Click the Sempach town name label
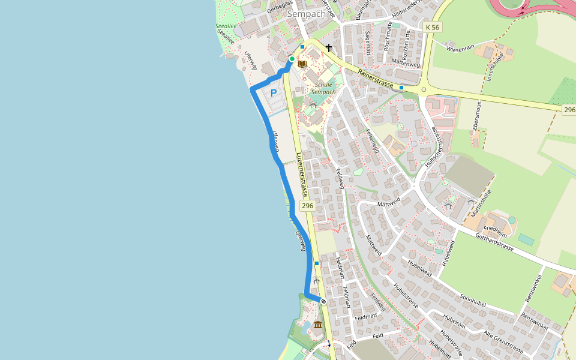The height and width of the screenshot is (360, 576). point(307,14)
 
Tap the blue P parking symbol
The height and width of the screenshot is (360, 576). point(274,93)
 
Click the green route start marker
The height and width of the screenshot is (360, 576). point(292,59)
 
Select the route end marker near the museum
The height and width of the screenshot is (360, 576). point(323,301)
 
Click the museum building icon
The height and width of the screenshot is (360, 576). point(317,325)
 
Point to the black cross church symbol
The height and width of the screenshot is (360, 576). point(329,48)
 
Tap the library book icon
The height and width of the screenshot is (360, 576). point(302,64)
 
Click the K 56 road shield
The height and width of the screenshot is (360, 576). point(432,28)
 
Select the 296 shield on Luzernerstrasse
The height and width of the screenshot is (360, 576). point(307,206)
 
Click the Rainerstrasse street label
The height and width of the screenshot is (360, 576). point(375,79)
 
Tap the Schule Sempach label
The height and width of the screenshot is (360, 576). point(323,88)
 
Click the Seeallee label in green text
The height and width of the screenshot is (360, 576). point(226,26)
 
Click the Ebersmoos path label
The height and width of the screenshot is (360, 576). point(477,116)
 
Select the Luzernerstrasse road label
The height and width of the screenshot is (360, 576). point(302,174)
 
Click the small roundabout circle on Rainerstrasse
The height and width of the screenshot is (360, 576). point(424,90)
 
